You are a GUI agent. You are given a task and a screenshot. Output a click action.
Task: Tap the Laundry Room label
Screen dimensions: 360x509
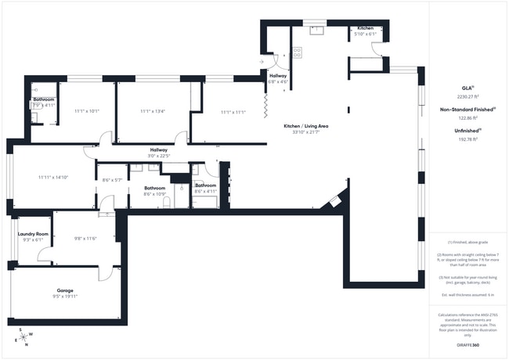point(33,234)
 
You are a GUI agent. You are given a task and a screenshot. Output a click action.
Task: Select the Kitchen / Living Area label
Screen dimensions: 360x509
point(305,126)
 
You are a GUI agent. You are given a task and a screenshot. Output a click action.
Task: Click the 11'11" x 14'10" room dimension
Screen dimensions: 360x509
point(53,178)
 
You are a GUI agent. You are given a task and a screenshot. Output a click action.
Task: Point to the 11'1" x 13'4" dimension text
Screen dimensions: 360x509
point(153,111)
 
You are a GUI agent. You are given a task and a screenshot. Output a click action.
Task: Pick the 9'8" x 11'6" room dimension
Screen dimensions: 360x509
point(85,239)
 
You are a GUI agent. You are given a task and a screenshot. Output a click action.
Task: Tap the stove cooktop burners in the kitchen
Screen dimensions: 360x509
point(298,53)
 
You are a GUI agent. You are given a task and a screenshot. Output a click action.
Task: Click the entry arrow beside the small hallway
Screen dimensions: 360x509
point(262,61)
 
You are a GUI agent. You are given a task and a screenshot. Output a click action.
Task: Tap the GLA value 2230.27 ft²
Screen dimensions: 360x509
point(467,96)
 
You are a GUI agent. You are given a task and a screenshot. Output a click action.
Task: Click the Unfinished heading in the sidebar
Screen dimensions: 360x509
point(467,131)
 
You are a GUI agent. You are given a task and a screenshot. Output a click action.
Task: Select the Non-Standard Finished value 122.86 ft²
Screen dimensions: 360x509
point(467,117)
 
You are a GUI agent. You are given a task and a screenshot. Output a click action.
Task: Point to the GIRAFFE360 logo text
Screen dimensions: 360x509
point(467,344)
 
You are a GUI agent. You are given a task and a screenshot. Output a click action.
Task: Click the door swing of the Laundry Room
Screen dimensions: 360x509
point(45,256)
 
